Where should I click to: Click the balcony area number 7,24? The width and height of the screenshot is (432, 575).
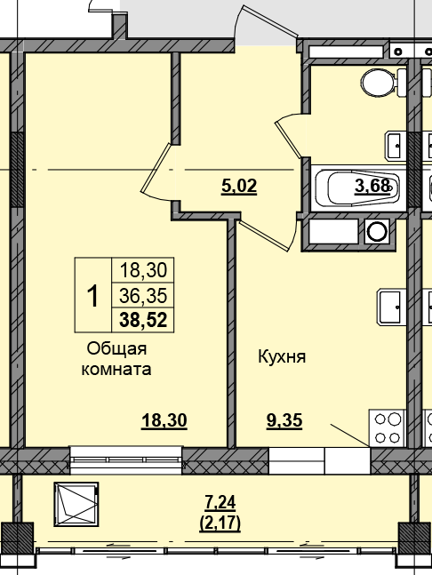point(219,504)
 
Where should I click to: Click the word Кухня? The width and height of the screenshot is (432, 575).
point(282,357)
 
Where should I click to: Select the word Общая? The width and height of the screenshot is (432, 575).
point(116,349)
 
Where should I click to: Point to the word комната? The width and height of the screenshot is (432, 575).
point(116,370)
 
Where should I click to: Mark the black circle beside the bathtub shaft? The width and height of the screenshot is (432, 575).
point(378,233)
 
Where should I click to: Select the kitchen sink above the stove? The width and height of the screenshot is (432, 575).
point(392,307)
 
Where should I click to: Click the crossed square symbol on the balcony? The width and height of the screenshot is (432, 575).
point(77,505)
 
